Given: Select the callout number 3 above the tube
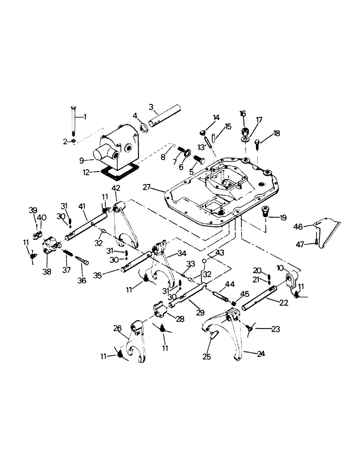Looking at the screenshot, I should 151,107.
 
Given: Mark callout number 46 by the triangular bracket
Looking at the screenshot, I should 298,226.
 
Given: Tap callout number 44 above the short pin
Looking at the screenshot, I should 229,284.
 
